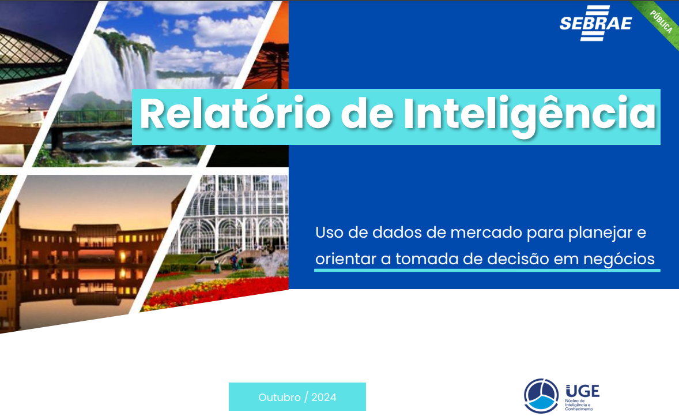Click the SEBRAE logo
tap(595, 23)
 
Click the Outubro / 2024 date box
tap(297, 397)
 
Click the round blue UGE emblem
tap(541, 395)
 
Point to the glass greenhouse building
tap(236, 213)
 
